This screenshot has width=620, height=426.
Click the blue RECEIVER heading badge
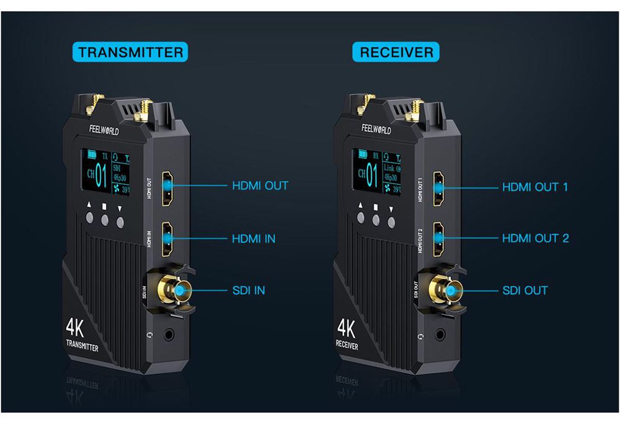click(x=396, y=51)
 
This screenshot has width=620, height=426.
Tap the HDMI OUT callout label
click(x=260, y=185)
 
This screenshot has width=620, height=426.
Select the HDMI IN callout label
click(x=253, y=238)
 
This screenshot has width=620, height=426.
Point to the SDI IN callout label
click(x=248, y=290)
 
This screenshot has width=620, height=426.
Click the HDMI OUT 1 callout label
click(x=534, y=187)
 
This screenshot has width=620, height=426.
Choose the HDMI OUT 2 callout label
click(x=534, y=238)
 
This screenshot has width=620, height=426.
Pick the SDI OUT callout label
click(x=525, y=290)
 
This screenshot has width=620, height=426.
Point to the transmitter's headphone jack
click(x=169, y=336)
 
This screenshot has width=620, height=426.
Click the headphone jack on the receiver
click(x=441, y=335)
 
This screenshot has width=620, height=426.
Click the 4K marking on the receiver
click(x=345, y=326)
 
